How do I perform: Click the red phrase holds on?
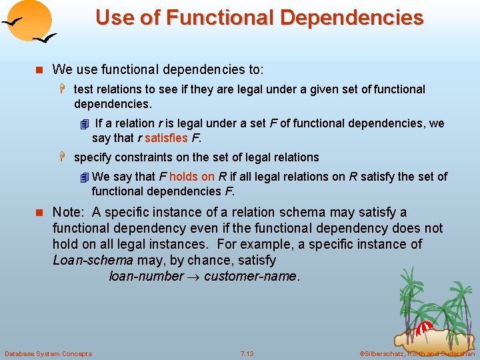point(192,177)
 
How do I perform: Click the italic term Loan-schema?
point(93,260)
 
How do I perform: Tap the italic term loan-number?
point(146,276)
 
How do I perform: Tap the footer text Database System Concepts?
point(48,353)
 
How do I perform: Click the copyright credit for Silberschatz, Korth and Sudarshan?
point(417,353)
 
